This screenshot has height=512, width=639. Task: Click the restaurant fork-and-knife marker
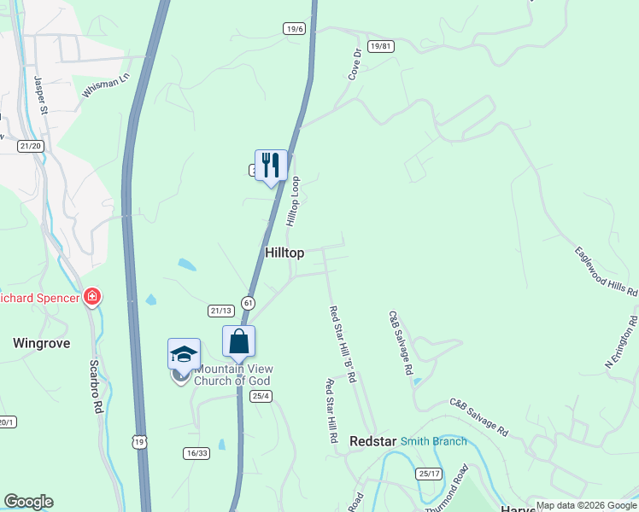tap(271, 166)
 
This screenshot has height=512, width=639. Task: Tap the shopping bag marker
tap(238, 341)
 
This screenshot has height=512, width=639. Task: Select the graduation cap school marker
tap(184, 353)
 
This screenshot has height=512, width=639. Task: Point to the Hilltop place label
tap(284, 253)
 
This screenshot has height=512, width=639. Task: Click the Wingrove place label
tap(42, 343)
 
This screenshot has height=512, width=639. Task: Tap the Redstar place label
tap(372, 441)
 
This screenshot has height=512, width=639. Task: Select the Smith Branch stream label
tap(434, 441)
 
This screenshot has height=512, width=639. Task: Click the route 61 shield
tap(248, 303)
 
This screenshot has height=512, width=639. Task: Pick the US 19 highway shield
tap(138, 439)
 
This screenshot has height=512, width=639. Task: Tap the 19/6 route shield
tap(295, 29)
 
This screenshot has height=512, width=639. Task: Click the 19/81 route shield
tap(381, 46)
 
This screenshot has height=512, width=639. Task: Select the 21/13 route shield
tap(221, 311)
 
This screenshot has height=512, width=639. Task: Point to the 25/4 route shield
tap(261, 396)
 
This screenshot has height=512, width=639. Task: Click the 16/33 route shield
tap(196, 453)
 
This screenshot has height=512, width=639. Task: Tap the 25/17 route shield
tap(430, 474)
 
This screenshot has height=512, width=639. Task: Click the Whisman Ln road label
tap(105, 85)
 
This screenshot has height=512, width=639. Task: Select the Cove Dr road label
tap(355, 64)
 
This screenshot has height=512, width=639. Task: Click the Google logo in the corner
tap(28, 502)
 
